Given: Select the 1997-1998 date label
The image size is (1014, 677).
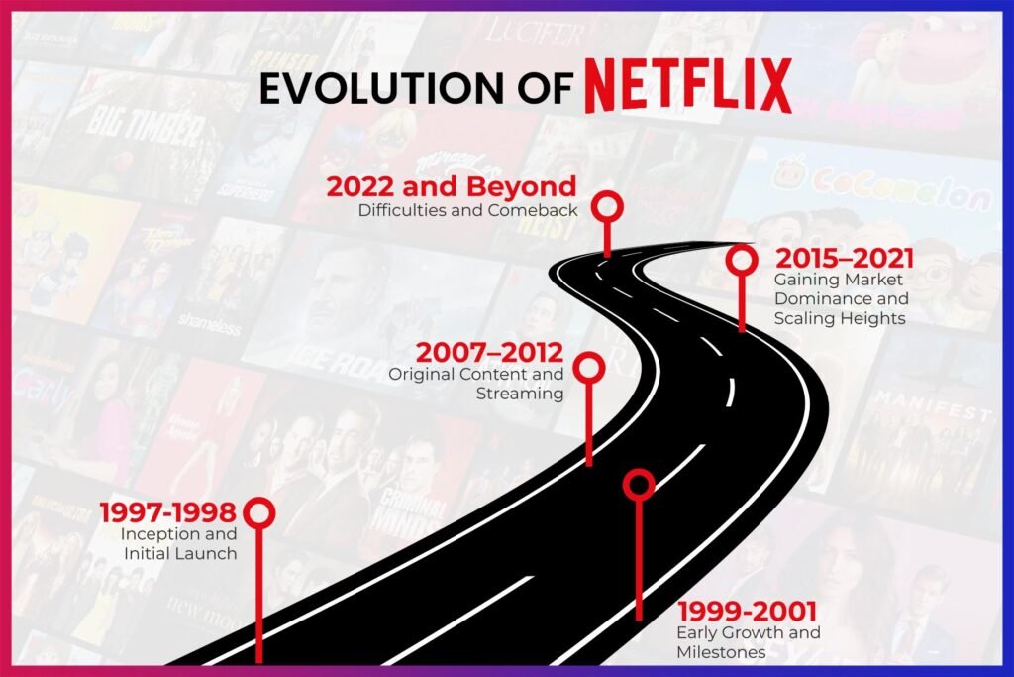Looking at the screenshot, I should coord(167,512).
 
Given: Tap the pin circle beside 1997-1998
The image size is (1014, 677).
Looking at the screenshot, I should coord(259,512).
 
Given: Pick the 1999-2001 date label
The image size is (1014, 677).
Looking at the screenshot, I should coord(746,611).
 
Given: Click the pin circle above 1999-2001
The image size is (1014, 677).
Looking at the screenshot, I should coord(639,484).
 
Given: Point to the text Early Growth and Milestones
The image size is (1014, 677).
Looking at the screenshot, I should coord(748,641).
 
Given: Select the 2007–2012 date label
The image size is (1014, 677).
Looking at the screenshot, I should coord(489,352).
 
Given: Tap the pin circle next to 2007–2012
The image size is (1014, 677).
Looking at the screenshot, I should coord(589,367).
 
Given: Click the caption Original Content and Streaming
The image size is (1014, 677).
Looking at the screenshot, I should coord(476,384).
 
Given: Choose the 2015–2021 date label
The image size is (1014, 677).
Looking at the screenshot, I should coord(844,259).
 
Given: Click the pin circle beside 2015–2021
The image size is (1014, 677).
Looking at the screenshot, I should coord(741,261).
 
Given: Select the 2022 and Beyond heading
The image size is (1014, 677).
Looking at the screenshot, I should coord(452,186).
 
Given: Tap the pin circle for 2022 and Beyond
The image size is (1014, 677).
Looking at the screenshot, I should coord(607,206).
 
